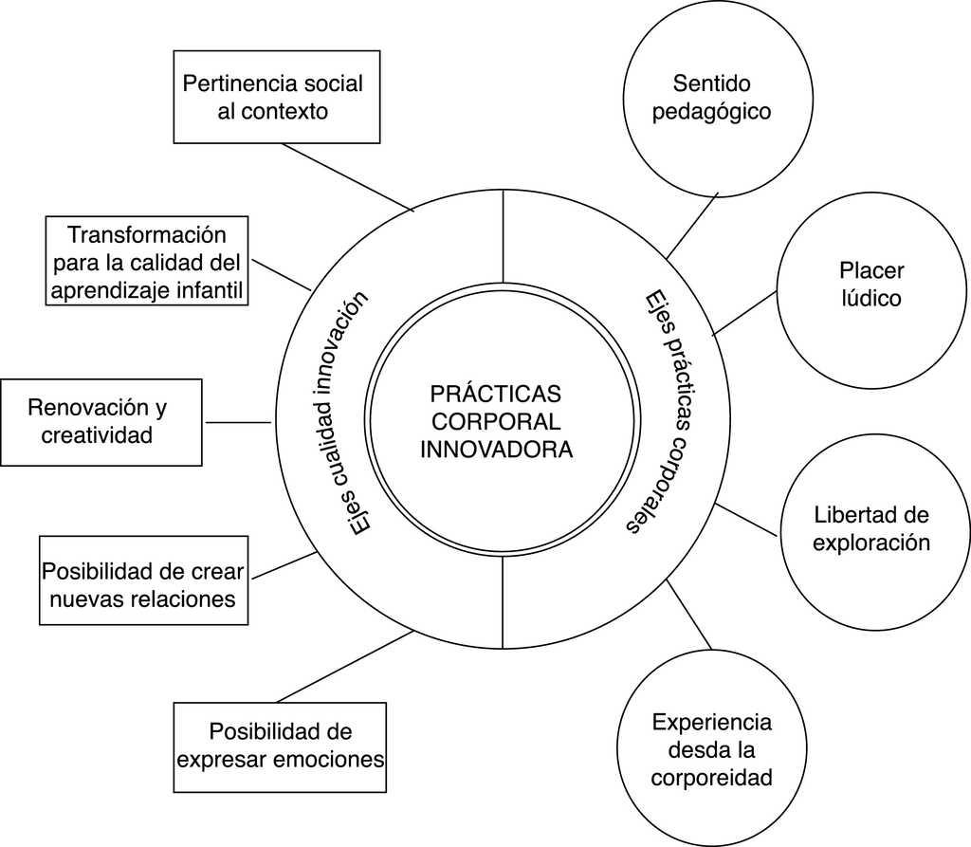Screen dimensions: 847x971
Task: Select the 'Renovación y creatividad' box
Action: click(x=101, y=422)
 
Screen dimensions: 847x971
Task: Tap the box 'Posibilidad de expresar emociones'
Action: click(x=280, y=746)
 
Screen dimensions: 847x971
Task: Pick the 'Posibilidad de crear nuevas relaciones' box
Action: click(x=142, y=580)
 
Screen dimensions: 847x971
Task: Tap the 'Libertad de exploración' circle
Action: click(x=871, y=529)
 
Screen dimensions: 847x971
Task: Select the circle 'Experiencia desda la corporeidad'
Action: click(x=711, y=749)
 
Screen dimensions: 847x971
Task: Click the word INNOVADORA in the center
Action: click(x=496, y=449)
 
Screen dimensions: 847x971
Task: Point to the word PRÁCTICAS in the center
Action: click(x=495, y=394)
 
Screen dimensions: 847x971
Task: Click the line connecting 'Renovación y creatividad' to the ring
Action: click(x=238, y=422)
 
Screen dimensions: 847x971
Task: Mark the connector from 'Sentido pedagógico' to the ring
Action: click(x=692, y=226)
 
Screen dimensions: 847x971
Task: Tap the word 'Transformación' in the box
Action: click(x=147, y=233)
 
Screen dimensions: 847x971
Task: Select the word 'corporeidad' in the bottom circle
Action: click(x=711, y=779)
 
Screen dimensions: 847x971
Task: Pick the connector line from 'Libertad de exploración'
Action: click(x=748, y=520)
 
